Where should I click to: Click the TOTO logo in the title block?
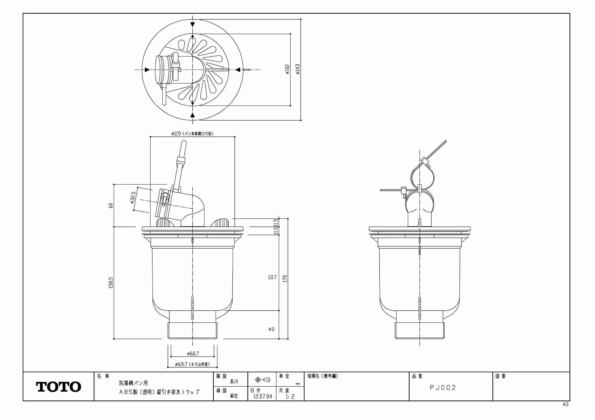[x=58, y=387]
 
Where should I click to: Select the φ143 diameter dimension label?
[x=298, y=69]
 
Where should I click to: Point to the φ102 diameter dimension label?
[x=287, y=69]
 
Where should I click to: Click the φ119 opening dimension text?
[x=192, y=134]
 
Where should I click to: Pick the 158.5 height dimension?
[x=111, y=283]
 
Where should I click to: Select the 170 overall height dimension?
[x=285, y=279]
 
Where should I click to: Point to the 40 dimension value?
[x=271, y=329]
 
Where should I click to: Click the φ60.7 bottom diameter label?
[x=193, y=353]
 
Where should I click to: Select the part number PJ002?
[x=443, y=388]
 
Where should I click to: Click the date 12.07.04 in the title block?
[x=262, y=397]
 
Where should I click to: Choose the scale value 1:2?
[x=290, y=397]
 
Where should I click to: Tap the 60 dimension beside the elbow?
[x=111, y=205]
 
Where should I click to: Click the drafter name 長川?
[x=234, y=381]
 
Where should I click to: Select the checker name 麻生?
[x=234, y=396]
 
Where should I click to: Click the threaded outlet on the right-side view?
[x=419, y=330]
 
